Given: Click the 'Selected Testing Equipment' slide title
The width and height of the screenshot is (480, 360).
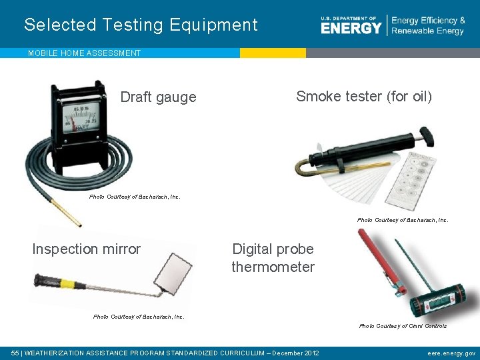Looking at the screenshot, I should click(141, 25).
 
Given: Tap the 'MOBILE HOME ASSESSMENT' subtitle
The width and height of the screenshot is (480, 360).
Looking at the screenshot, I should click(84, 53).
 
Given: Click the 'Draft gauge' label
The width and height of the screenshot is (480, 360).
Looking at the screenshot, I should click(158, 97).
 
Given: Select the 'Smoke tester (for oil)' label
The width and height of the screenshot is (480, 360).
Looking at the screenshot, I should click(364, 97).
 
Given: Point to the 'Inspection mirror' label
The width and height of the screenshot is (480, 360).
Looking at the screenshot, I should click(87, 249).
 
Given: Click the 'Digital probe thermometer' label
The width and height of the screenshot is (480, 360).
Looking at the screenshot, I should click(273, 258).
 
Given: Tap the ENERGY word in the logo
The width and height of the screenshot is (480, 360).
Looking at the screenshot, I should click(351, 28).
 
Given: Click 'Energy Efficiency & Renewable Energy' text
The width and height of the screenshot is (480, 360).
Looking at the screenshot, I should click(428, 26).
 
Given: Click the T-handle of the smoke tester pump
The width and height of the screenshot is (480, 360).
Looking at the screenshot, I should click(427, 136).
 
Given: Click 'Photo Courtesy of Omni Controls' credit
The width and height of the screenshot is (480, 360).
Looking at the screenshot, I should click(403, 326).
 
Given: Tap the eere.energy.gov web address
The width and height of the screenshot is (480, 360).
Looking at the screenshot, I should click(451, 353).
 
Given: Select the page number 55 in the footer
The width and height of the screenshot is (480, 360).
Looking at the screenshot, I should click(15, 353).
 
